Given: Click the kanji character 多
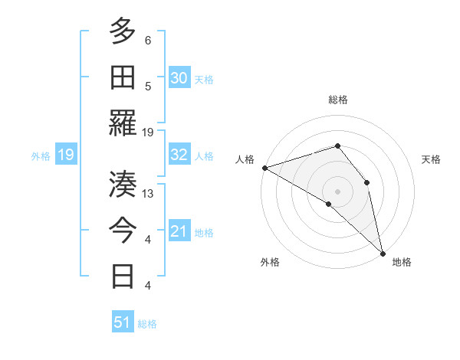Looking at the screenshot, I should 123,31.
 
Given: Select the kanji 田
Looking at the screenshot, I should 123,77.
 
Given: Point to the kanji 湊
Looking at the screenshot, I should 123,185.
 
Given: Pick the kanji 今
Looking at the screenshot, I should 123,231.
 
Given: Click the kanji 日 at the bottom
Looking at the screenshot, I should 123,277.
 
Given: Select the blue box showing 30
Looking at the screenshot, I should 179,78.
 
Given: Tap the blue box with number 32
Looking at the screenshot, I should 179,155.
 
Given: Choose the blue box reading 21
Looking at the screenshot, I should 179,231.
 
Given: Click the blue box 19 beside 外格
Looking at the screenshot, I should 65,155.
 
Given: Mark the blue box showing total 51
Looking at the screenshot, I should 123,322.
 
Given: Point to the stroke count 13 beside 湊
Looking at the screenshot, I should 148,194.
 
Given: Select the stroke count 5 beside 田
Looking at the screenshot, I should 148,87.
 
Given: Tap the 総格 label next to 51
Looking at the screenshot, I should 147,324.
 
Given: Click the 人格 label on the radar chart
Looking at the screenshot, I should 245,159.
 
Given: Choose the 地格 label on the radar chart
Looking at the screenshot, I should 402,262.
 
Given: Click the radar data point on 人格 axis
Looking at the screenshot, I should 264,167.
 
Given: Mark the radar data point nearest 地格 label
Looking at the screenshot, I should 383,252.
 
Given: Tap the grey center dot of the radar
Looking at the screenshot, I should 337,190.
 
